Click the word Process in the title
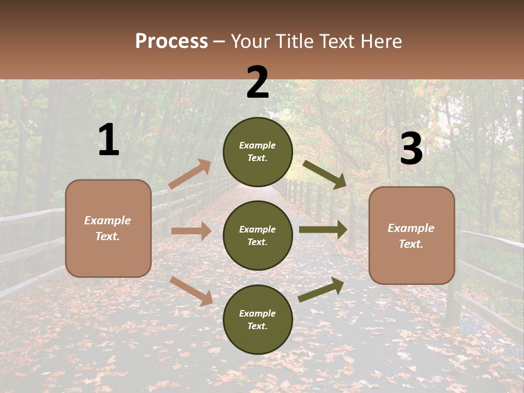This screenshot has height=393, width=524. pyautogui.click(x=171, y=41)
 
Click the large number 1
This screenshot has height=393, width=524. pyautogui.click(x=109, y=140)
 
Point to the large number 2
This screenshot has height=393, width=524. pyautogui.click(x=258, y=82)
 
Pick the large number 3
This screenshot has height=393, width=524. pyautogui.click(x=411, y=149)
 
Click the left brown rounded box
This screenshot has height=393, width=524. pyautogui.click(x=108, y=228)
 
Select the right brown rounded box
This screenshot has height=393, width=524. pyautogui.click(x=412, y=235)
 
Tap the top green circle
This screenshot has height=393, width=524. pyautogui.click(x=258, y=152)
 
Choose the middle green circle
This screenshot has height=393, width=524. pyautogui.click(x=258, y=235)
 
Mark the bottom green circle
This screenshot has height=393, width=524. pyautogui.click(x=258, y=319)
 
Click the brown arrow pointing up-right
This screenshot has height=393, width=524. pyautogui.click(x=190, y=174)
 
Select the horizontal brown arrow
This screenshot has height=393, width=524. pyautogui.click(x=190, y=231)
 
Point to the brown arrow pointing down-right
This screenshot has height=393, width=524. pyautogui.click(x=191, y=291)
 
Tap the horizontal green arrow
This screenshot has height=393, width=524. pyautogui.click(x=323, y=230)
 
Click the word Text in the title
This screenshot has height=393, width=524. pyautogui.click(x=337, y=41)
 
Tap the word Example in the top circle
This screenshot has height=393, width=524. pyautogui.click(x=258, y=145)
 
